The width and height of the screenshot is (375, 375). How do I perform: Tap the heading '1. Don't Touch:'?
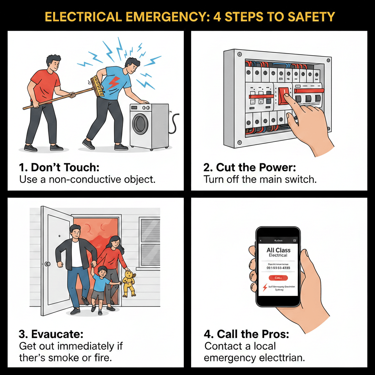pos(59,168)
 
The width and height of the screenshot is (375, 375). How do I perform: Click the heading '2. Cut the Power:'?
pos(249,168)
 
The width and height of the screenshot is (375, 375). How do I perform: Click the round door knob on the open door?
pos(47,264)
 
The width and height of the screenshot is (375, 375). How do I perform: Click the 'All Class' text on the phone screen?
pos(278,250)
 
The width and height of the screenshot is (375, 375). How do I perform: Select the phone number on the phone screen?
pos(278,268)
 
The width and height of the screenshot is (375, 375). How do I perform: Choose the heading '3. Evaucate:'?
pos(51,334)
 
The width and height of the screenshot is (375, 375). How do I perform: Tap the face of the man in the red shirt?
pos(53,64)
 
